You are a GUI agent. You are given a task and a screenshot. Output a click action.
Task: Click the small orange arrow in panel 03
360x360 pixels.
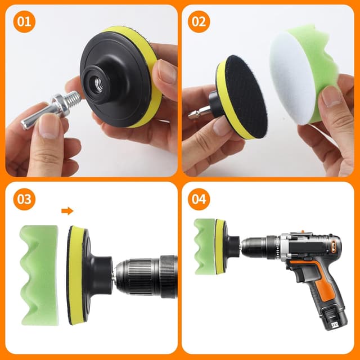point(67,211)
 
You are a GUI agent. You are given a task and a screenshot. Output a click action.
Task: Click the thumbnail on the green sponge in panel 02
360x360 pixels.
point(331,96)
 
